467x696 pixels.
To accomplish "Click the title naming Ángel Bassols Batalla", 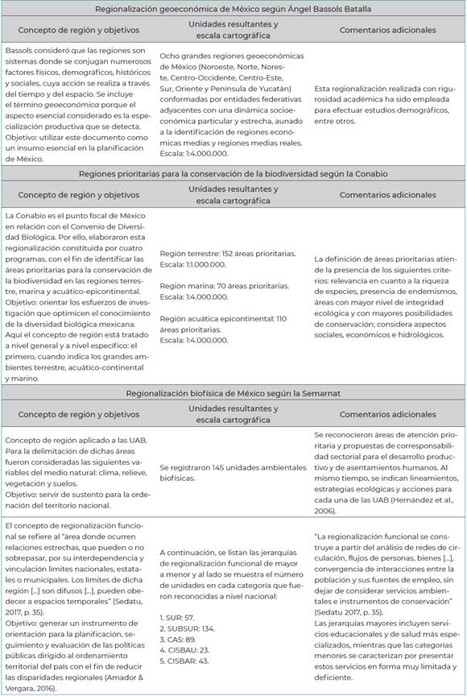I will (233, 9).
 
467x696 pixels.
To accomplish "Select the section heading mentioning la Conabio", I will (233, 172).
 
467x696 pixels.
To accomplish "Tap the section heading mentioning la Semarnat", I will (233, 392).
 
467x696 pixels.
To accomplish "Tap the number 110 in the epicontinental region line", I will (282, 318).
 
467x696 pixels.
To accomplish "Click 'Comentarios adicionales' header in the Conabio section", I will (387, 195).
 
